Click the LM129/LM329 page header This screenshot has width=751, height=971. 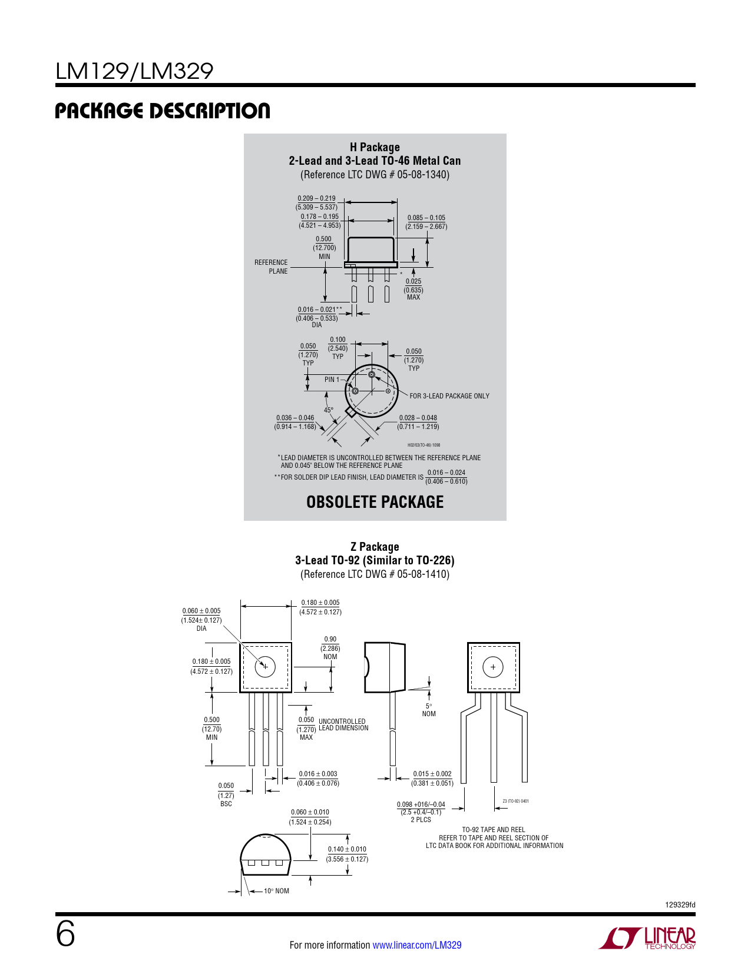[x=134, y=71]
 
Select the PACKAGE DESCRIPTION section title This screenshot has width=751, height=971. [x=163, y=111]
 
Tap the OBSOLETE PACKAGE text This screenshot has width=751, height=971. [x=375, y=502]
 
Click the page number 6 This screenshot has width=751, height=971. [x=65, y=935]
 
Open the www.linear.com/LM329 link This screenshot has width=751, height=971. [x=417, y=945]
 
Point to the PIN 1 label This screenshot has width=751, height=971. [x=332, y=380]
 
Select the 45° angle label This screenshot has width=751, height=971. [x=328, y=410]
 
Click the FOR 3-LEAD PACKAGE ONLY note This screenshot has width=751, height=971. [x=449, y=396]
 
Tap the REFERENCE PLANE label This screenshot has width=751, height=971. [x=271, y=267]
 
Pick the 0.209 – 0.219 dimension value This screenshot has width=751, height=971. [x=316, y=198]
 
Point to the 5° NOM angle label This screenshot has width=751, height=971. [x=428, y=710]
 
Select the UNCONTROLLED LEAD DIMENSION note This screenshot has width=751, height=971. [x=343, y=724]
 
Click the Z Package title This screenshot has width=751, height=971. [x=375, y=547]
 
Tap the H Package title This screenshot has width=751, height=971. [x=375, y=147]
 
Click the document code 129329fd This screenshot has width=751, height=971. [x=680, y=905]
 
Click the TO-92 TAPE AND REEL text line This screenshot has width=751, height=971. [x=494, y=829]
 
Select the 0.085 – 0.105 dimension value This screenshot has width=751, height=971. [x=426, y=218]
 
